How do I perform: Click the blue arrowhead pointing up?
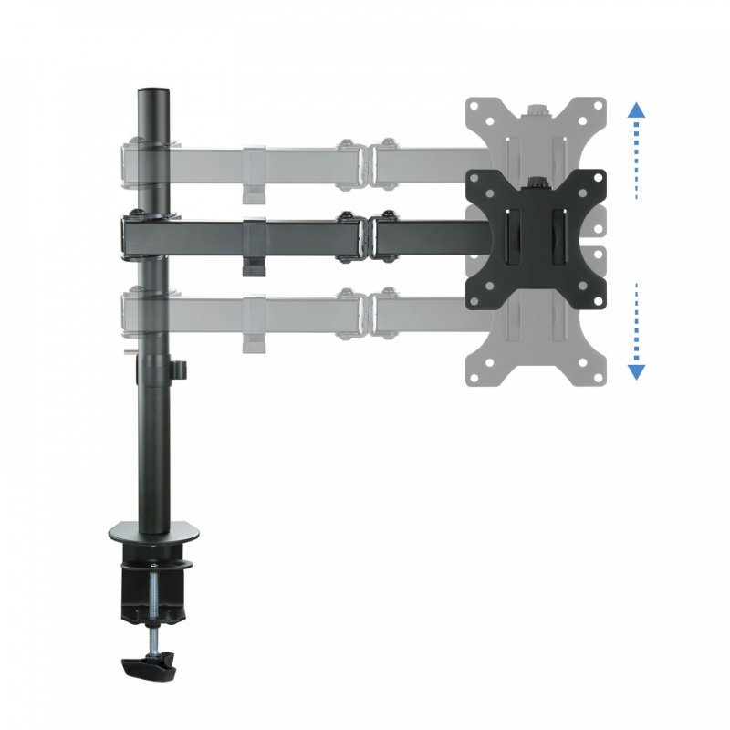[637, 109]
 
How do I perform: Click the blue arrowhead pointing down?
[637, 371]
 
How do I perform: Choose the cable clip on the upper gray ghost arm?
[253, 193]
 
